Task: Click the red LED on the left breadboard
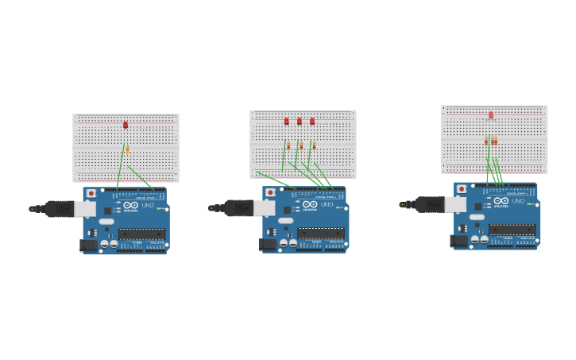click(126, 125)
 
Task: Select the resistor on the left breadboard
click(127, 149)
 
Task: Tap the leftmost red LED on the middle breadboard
click(287, 122)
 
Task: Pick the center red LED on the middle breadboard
click(300, 122)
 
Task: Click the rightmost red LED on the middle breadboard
click(312, 122)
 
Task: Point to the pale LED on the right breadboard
click(491, 115)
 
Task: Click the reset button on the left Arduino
click(91, 193)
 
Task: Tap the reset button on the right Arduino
click(462, 189)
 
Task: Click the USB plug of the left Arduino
click(64, 209)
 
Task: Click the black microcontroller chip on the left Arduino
click(141, 234)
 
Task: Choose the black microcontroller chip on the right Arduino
click(512, 230)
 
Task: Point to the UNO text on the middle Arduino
click(327, 205)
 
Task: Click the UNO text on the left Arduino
click(148, 205)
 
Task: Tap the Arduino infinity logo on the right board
click(501, 200)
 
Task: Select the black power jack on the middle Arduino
click(268, 245)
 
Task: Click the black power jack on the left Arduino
click(89, 246)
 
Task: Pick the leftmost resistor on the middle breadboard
click(288, 145)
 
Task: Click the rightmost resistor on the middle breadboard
click(314, 145)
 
